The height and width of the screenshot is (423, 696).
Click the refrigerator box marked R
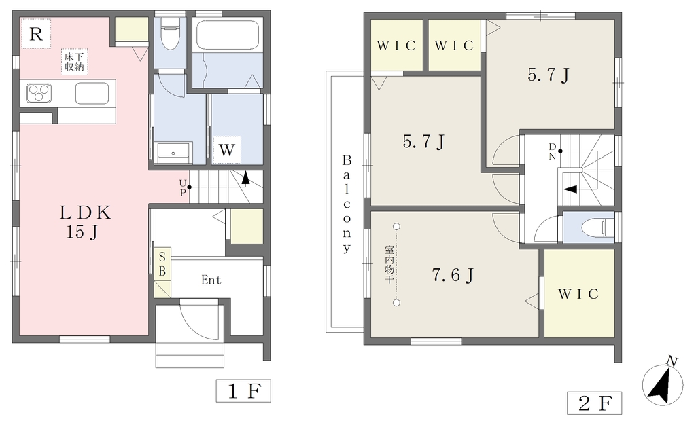point(36,34)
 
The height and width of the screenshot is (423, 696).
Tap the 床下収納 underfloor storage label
point(74,62)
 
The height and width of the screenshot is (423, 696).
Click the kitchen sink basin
point(92,93)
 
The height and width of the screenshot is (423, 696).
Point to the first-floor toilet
point(169,33)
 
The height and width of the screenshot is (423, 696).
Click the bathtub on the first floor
point(227,35)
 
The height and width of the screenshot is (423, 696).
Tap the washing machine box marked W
point(226,150)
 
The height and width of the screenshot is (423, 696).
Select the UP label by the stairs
point(182,187)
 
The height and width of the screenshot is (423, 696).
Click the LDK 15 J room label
point(85,222)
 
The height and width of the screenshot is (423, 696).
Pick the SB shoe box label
point(162,264)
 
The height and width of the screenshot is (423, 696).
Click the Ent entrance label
point(211,280)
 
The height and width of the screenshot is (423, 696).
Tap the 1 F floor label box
point(243,390)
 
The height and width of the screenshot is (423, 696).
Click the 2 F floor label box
point(594,403)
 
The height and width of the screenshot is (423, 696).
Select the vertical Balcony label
point(347,204)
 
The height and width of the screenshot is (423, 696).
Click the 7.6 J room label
point(453,276)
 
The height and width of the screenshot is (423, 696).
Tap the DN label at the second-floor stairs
point(552,151)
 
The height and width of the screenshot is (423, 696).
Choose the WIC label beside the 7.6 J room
point(578,294)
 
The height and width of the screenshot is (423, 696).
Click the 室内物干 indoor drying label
point(389,264)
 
